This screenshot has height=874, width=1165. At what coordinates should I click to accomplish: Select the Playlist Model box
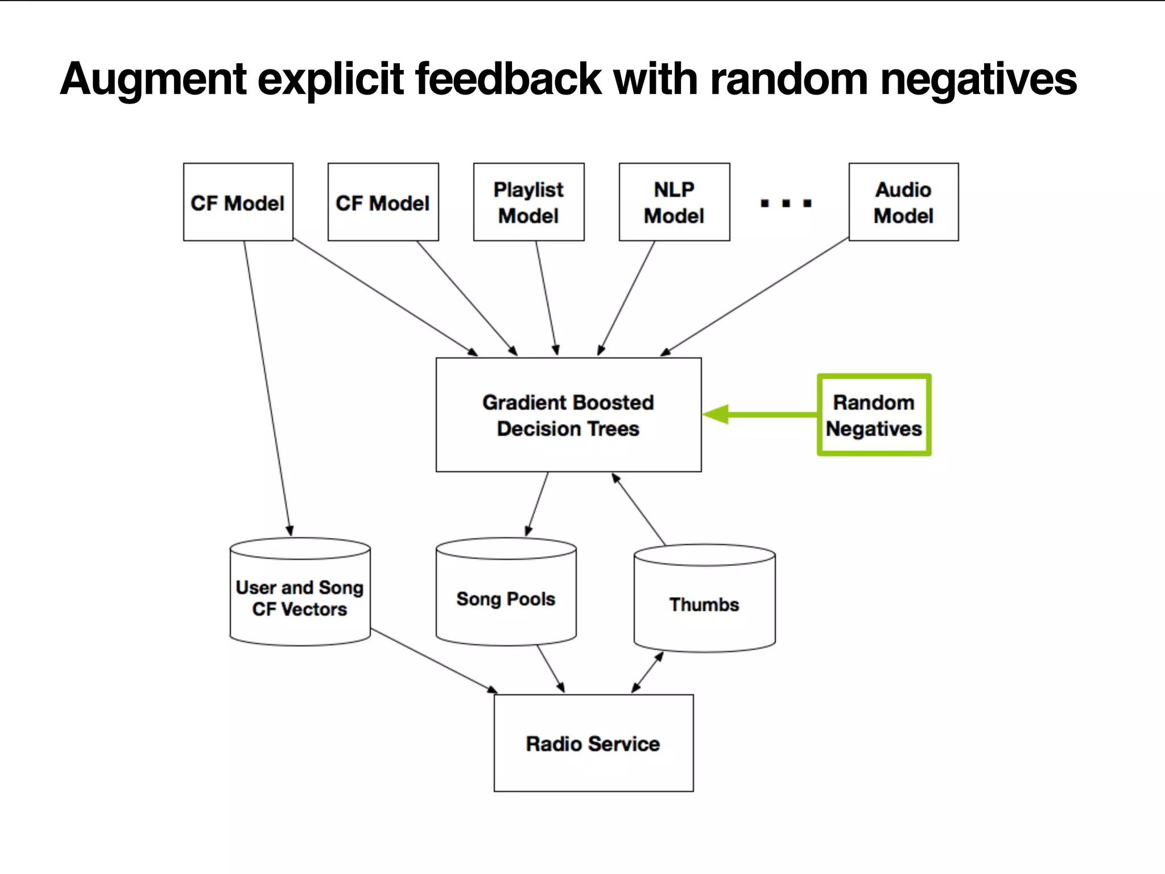(528, 202)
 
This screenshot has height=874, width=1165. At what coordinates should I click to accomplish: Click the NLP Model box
(674, 202)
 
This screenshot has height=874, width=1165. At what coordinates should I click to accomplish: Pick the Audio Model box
(903, 202)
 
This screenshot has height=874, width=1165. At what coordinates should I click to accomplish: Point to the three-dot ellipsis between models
(786, 203)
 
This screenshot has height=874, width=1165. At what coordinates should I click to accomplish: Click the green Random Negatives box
(874, 415)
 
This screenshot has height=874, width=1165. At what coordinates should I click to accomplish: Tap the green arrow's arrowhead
(716, 414)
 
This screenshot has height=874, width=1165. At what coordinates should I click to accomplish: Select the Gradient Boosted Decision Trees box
(568, 415)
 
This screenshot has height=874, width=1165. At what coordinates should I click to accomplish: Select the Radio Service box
(593, 743)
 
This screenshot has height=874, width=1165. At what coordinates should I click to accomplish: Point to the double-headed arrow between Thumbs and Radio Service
(647, 672)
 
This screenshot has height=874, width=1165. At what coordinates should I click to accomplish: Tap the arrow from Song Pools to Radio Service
(550, 669)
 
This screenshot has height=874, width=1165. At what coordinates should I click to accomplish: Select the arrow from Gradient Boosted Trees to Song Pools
(537, 504)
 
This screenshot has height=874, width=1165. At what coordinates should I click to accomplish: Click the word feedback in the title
(508, 80)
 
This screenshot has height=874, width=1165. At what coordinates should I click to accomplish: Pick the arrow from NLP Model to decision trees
(627, 298)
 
